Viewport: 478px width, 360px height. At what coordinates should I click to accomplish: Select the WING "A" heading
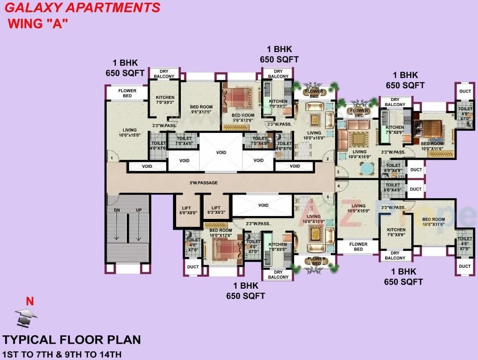[x=38, y=24]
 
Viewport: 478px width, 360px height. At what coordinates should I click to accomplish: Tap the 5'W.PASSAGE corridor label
[x=204, y=183]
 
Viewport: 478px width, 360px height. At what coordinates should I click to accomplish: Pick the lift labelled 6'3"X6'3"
[x=216, y=210]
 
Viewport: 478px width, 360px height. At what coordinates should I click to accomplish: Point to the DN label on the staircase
[x=116, y=210]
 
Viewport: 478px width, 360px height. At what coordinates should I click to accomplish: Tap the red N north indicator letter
[x=30, y=302]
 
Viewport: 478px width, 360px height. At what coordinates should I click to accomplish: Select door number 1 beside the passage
[x=111, y=158]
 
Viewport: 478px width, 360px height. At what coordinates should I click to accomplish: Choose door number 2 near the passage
[x=327, y=159]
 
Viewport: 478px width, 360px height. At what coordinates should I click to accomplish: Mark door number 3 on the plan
[x=338, y=172]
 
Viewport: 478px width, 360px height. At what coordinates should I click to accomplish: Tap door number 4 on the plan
[x=338, y=186]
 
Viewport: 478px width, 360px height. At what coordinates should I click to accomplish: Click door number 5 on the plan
[x=328, y=197]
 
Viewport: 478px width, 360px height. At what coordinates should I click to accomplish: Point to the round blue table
[x=366, y=169]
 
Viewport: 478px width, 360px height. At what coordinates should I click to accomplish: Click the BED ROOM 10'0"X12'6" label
[x=221, y=233]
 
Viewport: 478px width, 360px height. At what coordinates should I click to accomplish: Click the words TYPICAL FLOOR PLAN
[x=72, y=340]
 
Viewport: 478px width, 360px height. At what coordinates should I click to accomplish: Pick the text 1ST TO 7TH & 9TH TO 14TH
[x=62, y=354]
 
